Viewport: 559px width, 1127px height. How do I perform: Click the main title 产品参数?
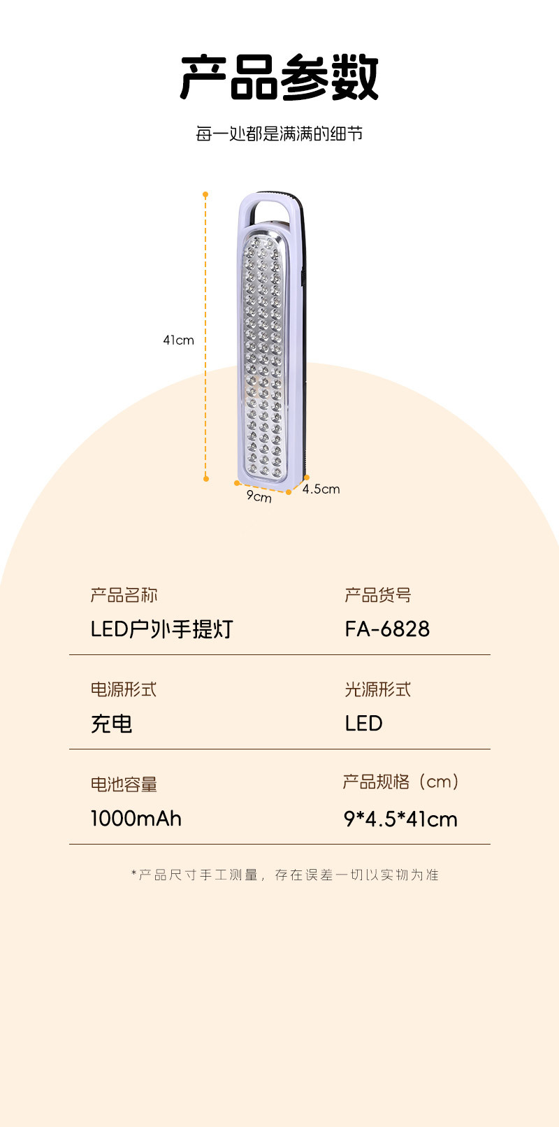pos(279,77)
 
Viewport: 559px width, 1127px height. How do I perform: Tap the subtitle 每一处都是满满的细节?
pos(279,134)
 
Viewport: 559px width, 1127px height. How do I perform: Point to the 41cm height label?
pos(178,340)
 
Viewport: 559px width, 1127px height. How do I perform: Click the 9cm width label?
pos(259,496)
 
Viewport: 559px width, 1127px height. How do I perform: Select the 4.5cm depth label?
pos(321,489)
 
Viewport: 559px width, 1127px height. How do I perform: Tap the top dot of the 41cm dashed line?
pos(205,194)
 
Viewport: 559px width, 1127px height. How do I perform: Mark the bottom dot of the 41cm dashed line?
pos(206,478)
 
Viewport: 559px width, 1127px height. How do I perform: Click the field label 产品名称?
pos(124,595)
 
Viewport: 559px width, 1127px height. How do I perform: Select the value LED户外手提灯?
pos(161,629)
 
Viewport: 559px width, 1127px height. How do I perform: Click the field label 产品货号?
pos(378,595)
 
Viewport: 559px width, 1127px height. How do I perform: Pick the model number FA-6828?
pos(387,629)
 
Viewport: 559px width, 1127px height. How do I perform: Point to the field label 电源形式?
pos(124,689)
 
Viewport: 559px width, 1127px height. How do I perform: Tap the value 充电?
pos(112,724)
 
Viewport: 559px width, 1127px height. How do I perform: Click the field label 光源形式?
pos(378,689)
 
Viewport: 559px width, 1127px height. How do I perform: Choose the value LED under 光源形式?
pos(364,724)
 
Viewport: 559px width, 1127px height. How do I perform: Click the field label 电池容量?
pos(124,784)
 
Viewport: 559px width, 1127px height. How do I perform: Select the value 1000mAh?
pos(136,819)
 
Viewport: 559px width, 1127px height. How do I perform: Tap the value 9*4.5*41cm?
pos(400,819)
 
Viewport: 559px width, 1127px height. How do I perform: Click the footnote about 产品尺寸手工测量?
pos(285,875)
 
